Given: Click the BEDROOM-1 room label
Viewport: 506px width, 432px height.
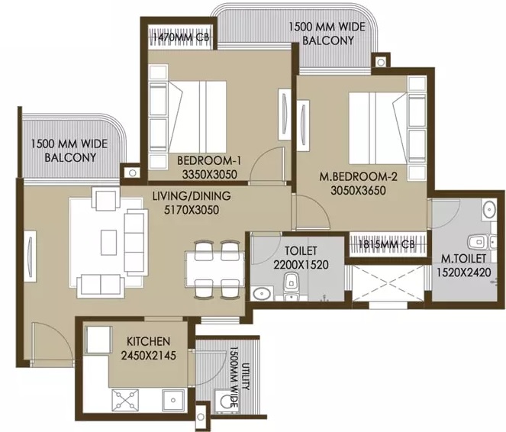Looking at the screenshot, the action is click(209, 160).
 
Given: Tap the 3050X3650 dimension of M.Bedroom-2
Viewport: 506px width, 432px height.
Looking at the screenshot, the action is click(358, 190).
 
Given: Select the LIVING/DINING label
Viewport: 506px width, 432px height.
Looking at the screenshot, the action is click(192, 196).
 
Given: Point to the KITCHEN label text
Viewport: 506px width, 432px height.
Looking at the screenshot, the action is click(149, 341).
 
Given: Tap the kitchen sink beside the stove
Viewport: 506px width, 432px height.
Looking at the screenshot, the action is click(173, 400).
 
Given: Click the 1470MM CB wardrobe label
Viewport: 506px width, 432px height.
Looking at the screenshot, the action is click(181, 37).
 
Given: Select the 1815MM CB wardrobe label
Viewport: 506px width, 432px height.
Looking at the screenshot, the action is click(386, 244).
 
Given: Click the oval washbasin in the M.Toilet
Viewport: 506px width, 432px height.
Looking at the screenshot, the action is click(489, 210).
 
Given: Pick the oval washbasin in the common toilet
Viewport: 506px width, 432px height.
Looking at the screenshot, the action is click(261, 294).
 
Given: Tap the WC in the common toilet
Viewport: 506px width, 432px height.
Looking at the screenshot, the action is click(292, 284).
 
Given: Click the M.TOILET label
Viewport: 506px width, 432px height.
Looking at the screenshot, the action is click(463, 259).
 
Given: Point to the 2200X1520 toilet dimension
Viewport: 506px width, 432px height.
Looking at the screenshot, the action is click(301, 265).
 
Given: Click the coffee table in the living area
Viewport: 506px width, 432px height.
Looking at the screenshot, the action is click(108, 242).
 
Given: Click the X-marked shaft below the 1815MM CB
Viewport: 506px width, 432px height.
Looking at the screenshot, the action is click(388, 283).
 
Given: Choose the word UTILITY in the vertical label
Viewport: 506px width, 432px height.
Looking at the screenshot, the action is click(247, 376).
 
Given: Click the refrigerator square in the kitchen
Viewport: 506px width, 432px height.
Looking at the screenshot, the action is click(98, 340).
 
